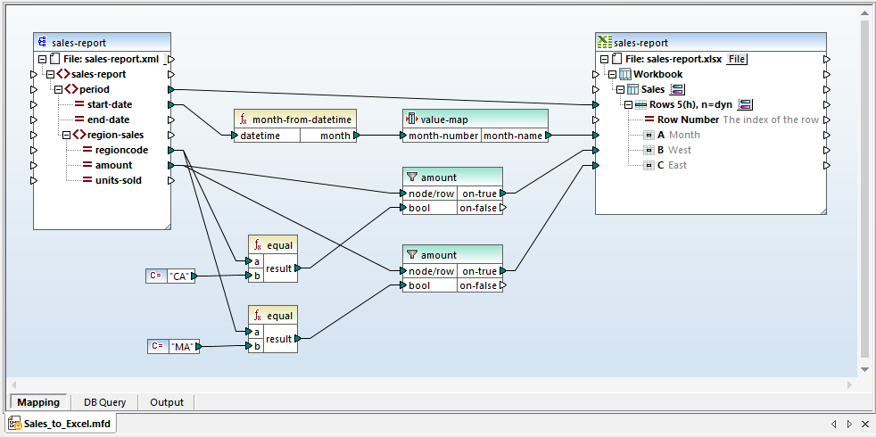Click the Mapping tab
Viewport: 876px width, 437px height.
[38, 402]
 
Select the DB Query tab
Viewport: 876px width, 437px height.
[104, 402]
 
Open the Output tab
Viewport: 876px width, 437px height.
[166, 402]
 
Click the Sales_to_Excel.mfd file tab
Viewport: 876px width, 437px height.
[62, 424]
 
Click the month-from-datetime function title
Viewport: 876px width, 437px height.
[302, 120]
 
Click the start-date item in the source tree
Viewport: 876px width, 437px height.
[109, 104]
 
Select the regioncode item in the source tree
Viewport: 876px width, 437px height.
[121, 150]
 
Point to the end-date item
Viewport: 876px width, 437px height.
[107, 120]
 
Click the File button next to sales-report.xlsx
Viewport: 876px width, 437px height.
[736, 59]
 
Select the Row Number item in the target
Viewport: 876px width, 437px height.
[688, 120]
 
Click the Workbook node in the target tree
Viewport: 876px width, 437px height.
[657, 74]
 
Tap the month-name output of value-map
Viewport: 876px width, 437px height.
[512, 136]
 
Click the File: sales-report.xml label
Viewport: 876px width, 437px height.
[111, 59]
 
